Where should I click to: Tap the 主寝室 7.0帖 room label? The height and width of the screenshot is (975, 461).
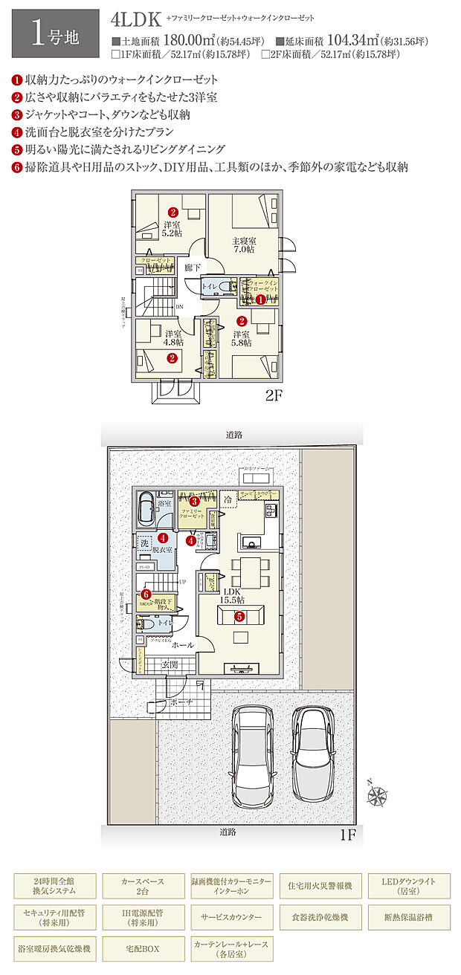point(243,246)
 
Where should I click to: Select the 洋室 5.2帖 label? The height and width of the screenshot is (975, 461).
point(172,228)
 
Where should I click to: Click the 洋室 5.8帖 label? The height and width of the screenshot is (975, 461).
point(242,338)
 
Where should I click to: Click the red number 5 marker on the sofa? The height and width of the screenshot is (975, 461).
point(239,616)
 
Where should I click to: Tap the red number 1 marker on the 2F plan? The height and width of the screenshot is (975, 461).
point(261,299)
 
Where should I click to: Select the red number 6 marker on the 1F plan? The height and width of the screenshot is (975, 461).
point(146,595)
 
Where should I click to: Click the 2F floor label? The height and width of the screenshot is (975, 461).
point(275,396)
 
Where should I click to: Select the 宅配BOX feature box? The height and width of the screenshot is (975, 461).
point(141,948)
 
